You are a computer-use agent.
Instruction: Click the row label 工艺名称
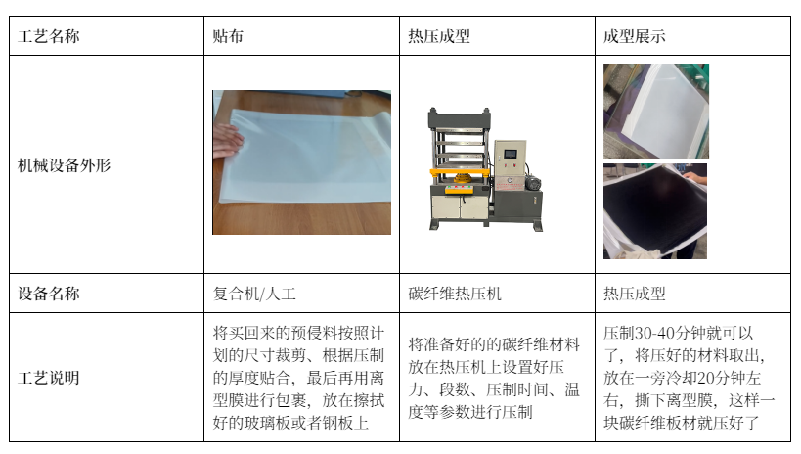(49, 36)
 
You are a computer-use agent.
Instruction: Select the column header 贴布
(228, 36)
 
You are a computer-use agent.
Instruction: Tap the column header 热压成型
(439, 36)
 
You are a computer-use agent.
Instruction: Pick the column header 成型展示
(634, 36)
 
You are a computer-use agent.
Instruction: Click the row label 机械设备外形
(64, 165)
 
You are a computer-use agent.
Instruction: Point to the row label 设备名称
(49, 294)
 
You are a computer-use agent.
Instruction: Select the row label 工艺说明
(49, 378)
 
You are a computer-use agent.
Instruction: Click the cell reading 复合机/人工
(254, 294)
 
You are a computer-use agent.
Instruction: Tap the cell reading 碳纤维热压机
(455, 294)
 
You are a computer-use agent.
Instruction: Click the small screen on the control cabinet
(511, 154)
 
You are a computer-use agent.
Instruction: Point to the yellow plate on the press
(459, 172)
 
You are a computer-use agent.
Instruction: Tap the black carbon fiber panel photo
(655, 211)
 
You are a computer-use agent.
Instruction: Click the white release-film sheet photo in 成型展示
(656, 111)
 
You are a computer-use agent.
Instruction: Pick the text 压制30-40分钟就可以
(679, 333)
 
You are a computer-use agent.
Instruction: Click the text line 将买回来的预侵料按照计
(298, 333)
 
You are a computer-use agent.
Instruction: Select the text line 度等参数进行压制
(470, 412)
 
